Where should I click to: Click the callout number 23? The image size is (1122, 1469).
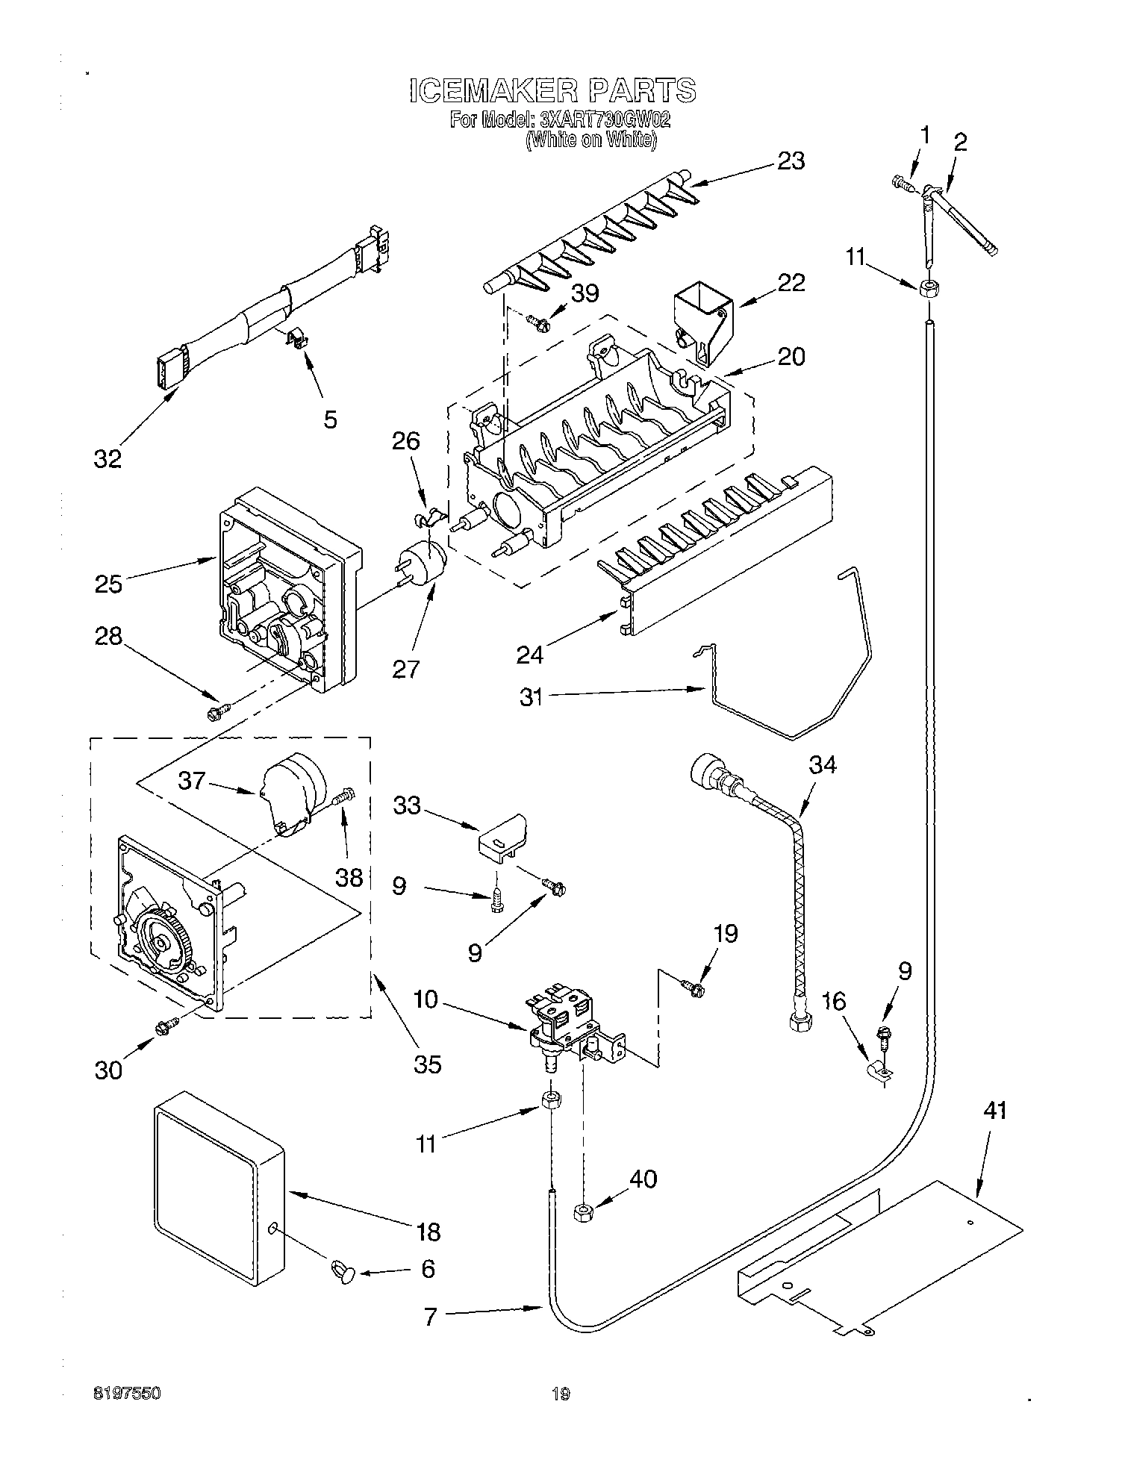coord(791,160)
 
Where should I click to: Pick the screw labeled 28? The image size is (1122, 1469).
coord(216,712)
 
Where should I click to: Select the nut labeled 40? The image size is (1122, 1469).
coord(583,1212)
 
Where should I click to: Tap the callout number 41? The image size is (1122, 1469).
coord(994,1110)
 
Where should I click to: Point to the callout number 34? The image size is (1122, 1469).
coord(823,765)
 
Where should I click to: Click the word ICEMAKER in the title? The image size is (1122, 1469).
coord(493,90)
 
